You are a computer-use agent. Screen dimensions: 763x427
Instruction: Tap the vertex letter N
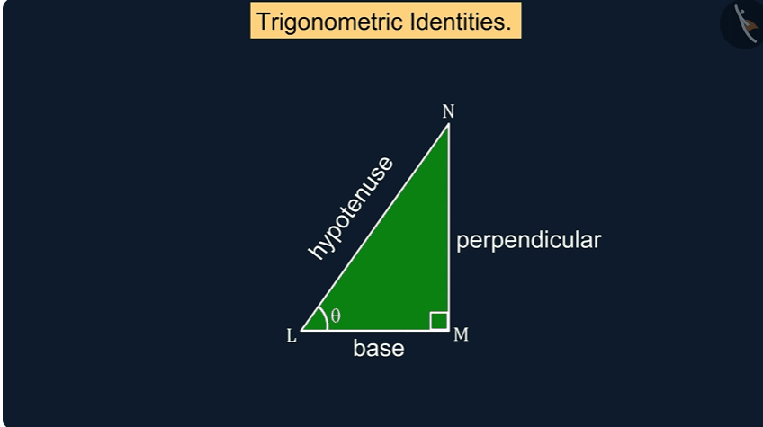click(448, 111)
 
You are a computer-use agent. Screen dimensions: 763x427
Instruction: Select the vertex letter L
click(292, 335)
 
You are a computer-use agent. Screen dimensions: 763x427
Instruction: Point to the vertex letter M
click(461, 334)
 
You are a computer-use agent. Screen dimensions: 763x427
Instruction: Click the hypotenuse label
click(350, 208)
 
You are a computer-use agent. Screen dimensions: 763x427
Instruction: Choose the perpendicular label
click(528, 241)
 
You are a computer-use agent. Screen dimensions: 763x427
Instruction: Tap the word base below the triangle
click(379, 348)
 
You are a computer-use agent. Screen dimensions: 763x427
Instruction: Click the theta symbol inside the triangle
click(336, 316)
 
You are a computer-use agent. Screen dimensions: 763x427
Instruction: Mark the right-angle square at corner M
click(439, 321)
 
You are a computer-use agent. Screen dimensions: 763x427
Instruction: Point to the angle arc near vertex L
click(325, 318)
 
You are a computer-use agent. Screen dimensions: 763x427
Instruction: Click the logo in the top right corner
click(743, 24)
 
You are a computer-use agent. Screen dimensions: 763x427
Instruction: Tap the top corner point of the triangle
click(448, 124)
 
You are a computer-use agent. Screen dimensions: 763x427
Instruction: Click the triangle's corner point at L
click(301, 330)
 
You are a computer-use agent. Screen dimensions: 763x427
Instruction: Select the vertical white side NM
click(448, 227)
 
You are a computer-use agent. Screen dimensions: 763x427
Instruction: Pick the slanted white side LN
click(374, 227)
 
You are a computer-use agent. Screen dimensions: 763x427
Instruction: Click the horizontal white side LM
click(374, 330)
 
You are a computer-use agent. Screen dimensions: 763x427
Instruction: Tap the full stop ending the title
click(508, 29)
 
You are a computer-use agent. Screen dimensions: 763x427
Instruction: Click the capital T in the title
click(264, 21)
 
